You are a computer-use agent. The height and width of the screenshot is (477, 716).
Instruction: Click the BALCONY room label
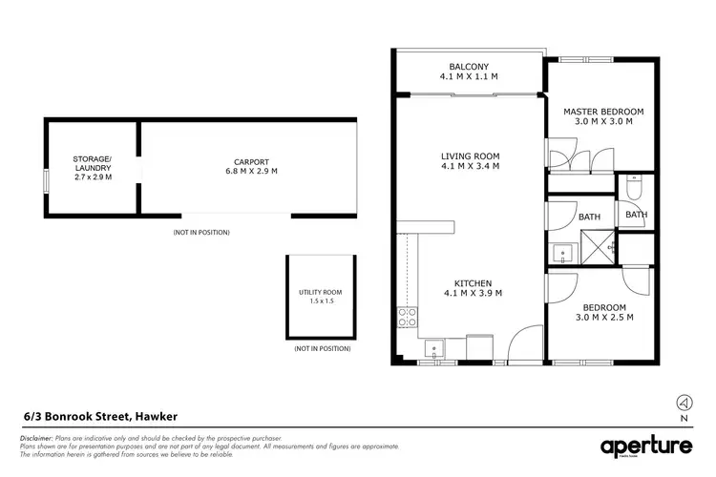(x=468, y=67)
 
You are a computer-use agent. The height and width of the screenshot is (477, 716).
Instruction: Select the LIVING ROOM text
(x=470, y=156)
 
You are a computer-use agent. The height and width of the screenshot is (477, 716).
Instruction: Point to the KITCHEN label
(x=473, y=283)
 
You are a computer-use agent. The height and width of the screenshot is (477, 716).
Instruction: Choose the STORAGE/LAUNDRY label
(x=93, y=164)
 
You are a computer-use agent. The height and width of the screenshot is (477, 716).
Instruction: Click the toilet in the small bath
(x=634, y=184)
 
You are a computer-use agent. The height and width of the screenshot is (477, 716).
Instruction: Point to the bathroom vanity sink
(x=563, y=255)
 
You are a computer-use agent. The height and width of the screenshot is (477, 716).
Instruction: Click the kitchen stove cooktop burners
(x=408, y=318)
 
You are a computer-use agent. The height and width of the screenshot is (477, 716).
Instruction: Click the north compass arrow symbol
(x=683, y=402)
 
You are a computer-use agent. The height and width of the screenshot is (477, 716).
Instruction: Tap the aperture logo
(x=646, y=446)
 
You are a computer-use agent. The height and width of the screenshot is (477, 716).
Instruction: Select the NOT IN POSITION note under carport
(x=201, y=233)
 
